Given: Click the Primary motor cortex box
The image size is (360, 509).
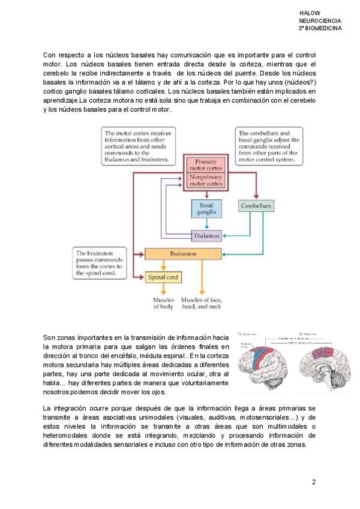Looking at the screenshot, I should [206, 165].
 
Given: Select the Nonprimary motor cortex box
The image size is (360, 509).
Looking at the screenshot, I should [206, 181].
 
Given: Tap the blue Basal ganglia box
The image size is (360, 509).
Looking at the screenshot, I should [206, 208].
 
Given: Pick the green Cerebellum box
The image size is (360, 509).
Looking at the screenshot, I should [257, 206].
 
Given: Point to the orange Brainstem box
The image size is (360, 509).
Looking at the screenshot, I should [179, 254].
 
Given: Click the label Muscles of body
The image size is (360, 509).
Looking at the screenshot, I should [163, 303].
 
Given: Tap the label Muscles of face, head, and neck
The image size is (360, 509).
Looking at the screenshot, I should [202, 303].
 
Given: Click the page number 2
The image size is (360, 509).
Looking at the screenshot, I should [313, 483].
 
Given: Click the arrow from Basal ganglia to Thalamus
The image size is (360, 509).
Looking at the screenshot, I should [206, 223].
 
